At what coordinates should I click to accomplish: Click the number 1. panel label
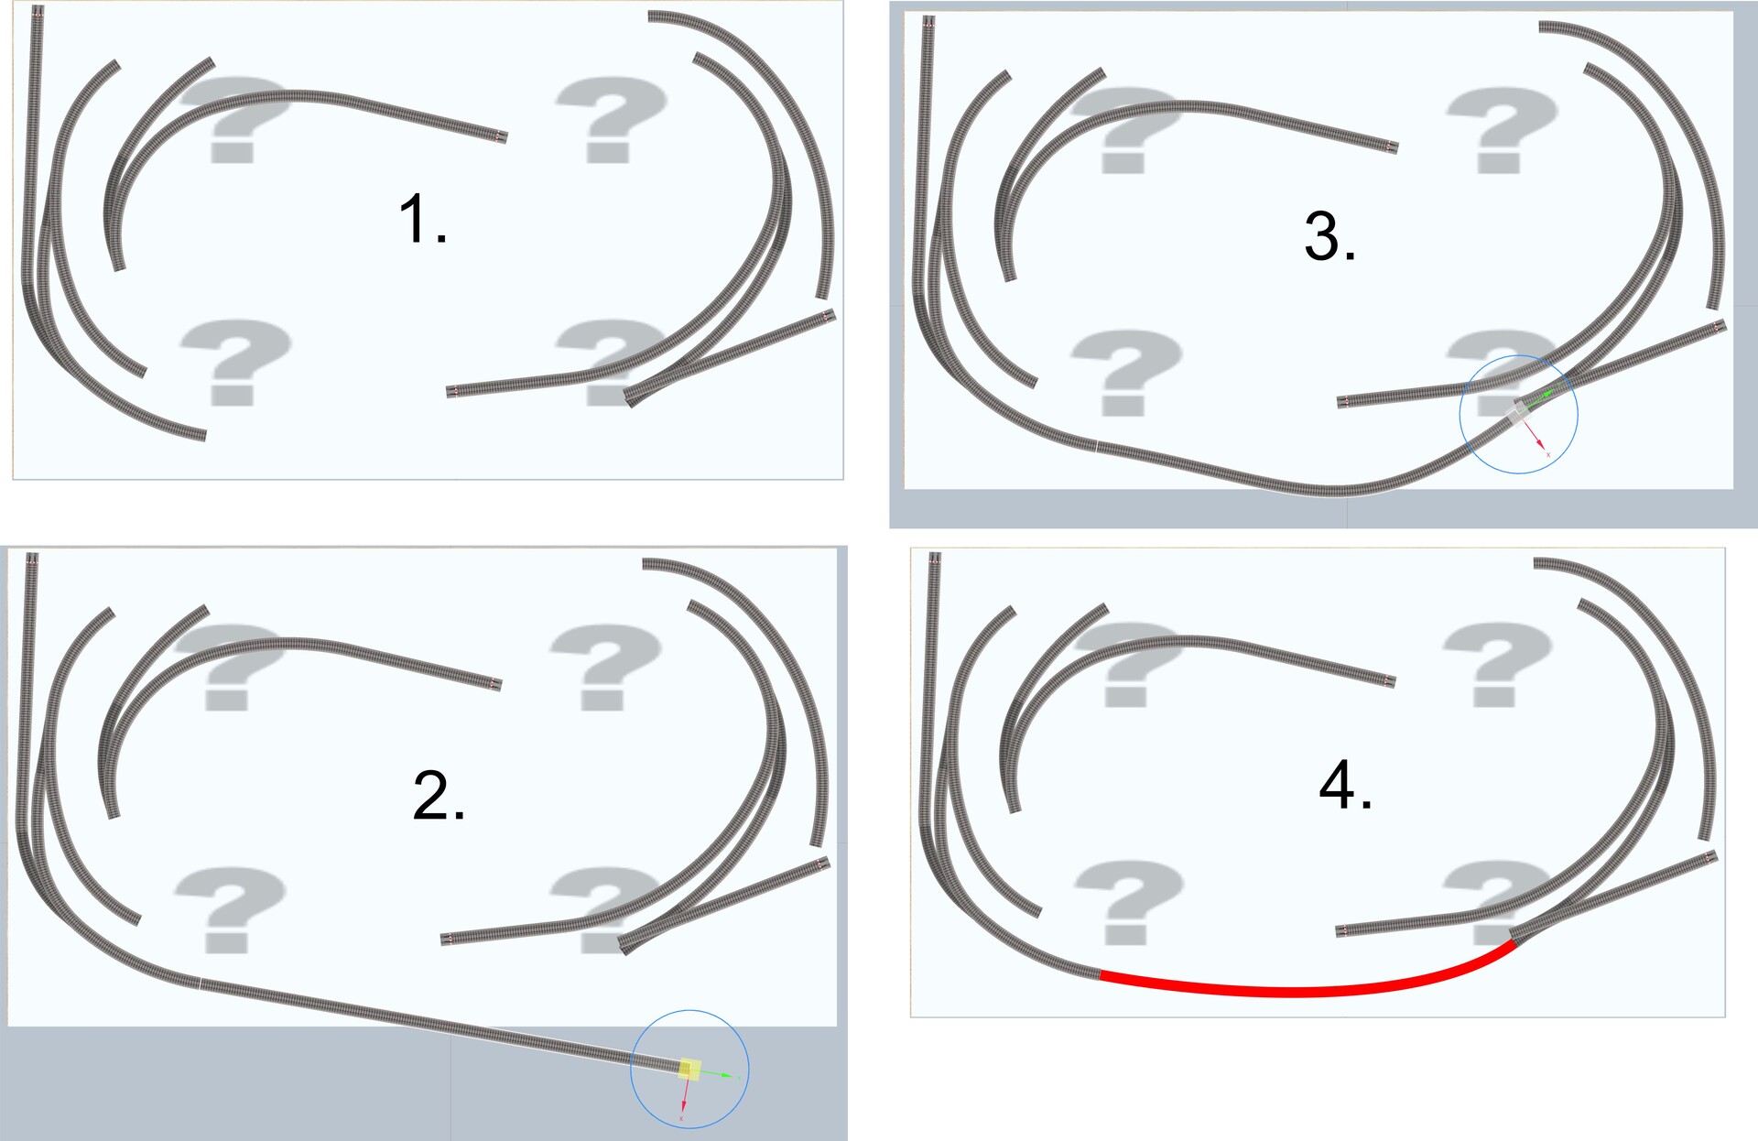coord(423,220)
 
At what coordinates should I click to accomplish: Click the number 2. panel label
coord(439,795)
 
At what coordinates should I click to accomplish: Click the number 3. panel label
coord(1329,236)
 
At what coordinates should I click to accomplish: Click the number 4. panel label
coord(1345,785)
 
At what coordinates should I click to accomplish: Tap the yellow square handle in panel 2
coord(690,1070)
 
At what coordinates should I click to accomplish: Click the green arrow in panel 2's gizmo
coord(716,1074)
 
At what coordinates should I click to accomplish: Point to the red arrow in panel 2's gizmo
coord(685,1099)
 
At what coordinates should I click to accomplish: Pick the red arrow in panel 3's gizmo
coord(1536,438)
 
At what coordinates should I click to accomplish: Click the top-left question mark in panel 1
coord(234,119)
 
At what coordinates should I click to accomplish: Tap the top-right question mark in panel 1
coord(611,119)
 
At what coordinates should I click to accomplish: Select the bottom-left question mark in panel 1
coord(234,362)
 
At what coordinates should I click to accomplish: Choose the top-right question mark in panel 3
coord(1502,130)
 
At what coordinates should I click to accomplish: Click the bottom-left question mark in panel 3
coord(1126,373)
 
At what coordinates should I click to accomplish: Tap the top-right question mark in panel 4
coord(1498,664)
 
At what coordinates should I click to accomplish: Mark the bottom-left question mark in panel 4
coord(1128,902)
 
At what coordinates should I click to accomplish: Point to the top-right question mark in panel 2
coord(605,668)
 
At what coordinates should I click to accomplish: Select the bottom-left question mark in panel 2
coord(229,910)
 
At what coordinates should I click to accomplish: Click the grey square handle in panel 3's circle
coord(1519,413)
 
